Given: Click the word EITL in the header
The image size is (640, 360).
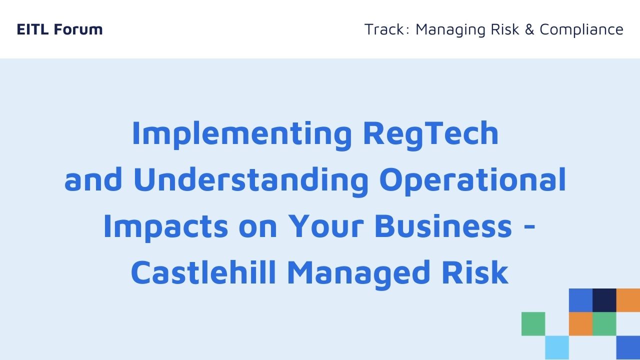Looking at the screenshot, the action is click(x=32, y=29).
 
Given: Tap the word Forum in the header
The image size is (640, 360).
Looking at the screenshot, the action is click(x=78, y=29).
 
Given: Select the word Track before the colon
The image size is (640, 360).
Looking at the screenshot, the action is click(x=385, y=29).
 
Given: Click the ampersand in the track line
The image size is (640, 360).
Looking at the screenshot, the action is click(x=529, y=29).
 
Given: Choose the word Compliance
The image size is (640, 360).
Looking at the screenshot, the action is click(x=581, y=30).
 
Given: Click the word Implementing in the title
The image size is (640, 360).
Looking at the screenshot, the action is click(x=242, y=135).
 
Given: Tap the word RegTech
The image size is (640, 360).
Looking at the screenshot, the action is click(x=431, y=135).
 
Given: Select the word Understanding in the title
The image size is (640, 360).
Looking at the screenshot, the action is click(x=251, y=181).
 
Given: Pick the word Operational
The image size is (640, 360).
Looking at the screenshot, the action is click(x=473, y=181).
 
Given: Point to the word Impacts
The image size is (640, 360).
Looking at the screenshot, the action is click(x=166, y=227).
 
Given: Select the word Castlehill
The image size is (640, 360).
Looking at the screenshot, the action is click(x=203, y=272).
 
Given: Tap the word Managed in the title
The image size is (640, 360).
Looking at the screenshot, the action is click(x=358, y=274).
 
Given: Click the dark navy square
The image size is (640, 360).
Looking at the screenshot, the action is click(x=604, y=300).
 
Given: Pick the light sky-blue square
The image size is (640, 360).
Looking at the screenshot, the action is click(x=557, y=347).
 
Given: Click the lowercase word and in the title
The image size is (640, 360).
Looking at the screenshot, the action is click(x=93, y=179).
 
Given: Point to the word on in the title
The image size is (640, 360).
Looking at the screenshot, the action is click(x=258, y=229).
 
